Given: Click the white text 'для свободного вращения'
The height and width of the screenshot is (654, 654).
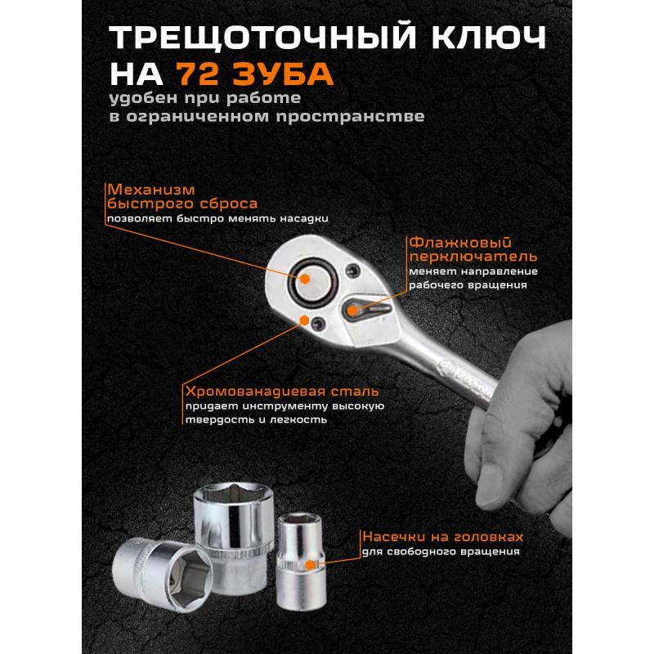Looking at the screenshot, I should (441, 552).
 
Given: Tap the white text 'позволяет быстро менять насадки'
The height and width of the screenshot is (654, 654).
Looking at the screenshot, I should (216, 219).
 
